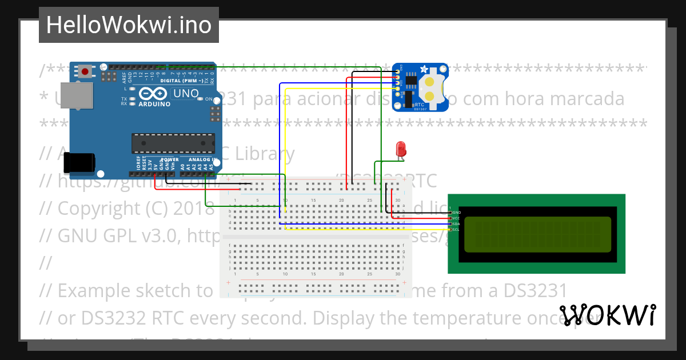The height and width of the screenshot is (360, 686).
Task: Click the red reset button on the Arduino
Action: pyautogui.click(x=85, y=71)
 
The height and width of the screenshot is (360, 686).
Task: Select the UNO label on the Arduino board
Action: pyautogui.click(x=186, y=94)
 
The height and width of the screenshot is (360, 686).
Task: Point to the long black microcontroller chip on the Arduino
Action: pyautogui.click(x=173, y=143)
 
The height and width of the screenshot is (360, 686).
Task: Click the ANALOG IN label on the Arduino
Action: pyautogui.click(x=202, y=159)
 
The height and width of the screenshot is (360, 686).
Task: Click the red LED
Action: pyautogui.click(x=401, y=149)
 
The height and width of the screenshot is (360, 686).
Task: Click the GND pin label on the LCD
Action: pyautogui.click(x=456, y=213)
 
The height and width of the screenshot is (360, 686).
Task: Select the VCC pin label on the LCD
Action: pyautogui.click(x=456, y=218)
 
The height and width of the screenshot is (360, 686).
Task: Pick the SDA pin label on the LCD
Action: pyautogui.click(x=456, y=224)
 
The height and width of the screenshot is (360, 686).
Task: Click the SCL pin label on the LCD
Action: pyautogui.click(x=456, y=230)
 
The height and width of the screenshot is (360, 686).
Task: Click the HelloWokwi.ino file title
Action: pyautogui.click(x=129, y=25)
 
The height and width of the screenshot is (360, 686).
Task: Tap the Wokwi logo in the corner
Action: pyautogui.click(x=607, y=315)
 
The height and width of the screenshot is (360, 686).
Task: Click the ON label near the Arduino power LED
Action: pyautogui.click(x=209, y=99)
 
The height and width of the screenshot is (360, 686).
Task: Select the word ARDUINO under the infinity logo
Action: pyautogui.click(x=154, y=104)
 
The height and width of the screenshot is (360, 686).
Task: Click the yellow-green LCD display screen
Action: pyautogui.click(x=536, y=234)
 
